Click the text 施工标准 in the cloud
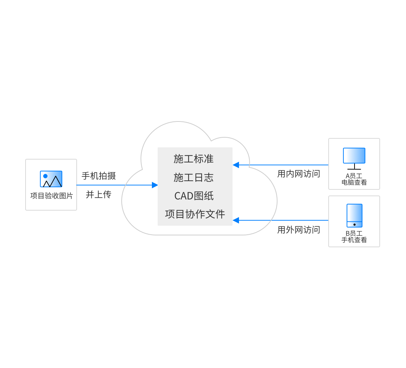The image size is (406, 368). click(194, 159)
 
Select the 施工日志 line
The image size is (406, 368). click(194, 178)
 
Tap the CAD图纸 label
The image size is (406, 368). click(194, 196)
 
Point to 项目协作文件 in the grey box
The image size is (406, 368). click(195, 214)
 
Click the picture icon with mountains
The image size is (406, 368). click(51, 179)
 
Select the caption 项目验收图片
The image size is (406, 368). click(51, 196)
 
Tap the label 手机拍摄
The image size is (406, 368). click(99, 176)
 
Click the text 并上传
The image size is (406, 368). click(99, 194)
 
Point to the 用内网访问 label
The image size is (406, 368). click(298, 174)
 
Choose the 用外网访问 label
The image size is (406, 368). click(298, 230)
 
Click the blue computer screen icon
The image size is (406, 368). click(354, 156)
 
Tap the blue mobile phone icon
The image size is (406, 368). click(355, 216)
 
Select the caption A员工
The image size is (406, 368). click(354, 176)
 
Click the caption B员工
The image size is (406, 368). click(354, 233)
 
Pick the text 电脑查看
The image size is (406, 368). click(354, 182)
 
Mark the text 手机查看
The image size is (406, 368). click(354, 240)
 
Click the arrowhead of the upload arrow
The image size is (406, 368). click(155, 185)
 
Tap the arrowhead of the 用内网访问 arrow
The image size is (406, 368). click(236, 165)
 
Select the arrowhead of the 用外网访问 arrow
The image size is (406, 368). click(236, 220)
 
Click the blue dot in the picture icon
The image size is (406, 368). click(45, 176)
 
